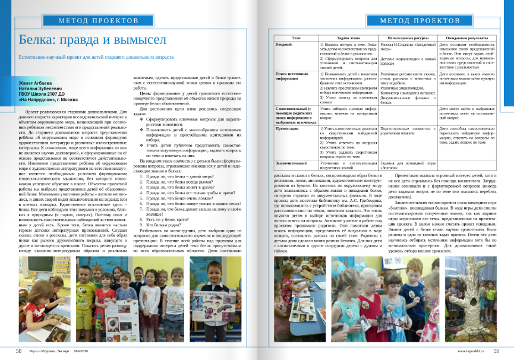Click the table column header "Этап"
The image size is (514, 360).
pos(296,37)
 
